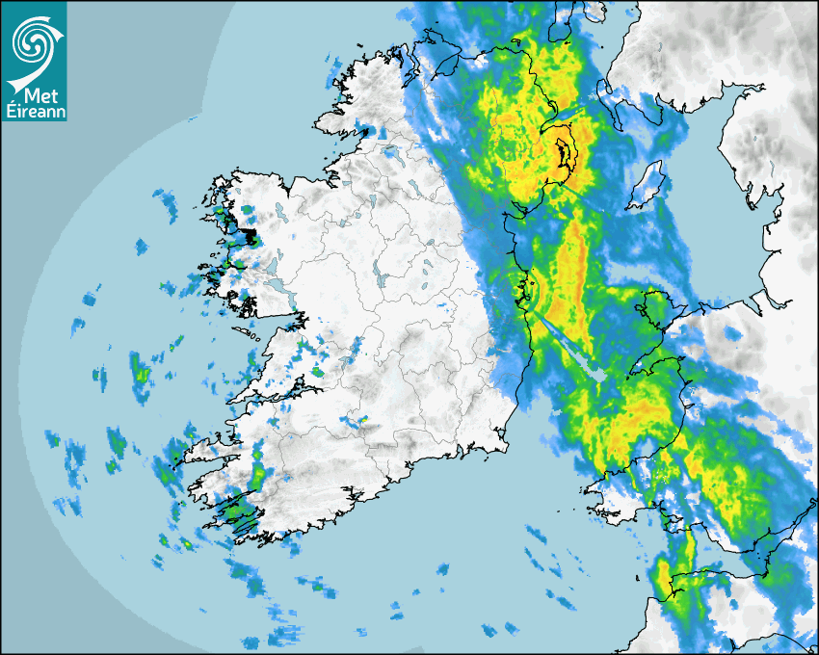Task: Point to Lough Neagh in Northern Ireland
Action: point(563,154)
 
